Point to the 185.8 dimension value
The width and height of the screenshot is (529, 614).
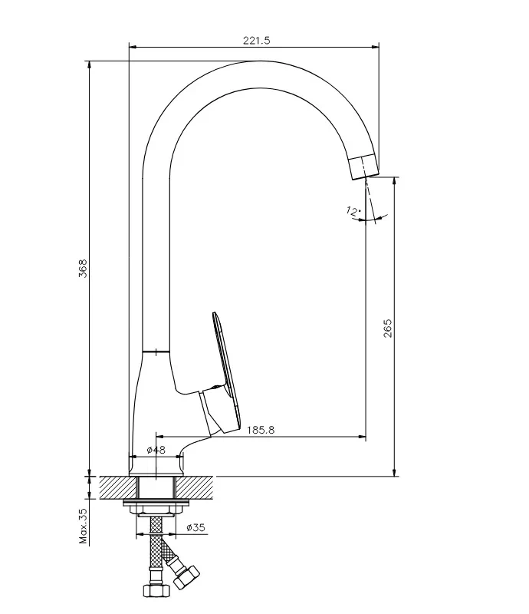coord(261,430)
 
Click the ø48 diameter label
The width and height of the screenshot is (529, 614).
coord(156,451)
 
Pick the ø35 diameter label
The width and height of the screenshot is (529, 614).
coord(197,527)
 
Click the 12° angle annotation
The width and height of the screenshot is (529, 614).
coord(353,210)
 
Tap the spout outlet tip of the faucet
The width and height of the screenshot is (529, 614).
coord(365,167)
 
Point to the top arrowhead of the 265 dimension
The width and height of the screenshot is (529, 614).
coord(394,181)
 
